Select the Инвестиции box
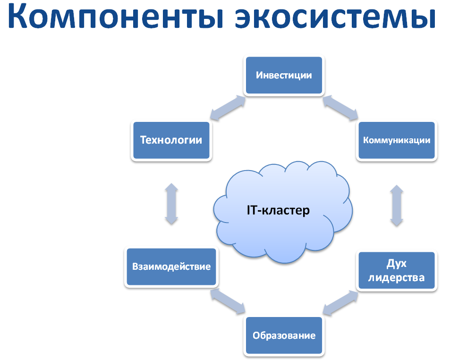[x=284, y=75]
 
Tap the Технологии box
[x=171, y=140]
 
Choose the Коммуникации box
[x=397, y=140]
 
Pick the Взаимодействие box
[x=171, y=266]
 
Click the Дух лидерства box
[x=397, y=270]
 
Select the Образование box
[x=284, y=335]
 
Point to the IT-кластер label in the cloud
[x=278, y=210]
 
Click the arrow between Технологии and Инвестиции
[x=228, y=108]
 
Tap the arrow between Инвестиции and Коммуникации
[x=340, y=108]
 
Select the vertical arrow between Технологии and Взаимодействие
[x=171, y=204]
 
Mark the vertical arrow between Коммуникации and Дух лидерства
[x=397, y=206]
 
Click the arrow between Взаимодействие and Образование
[x=228, y=301]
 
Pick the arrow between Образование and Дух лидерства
[x=340, y=303]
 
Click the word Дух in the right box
[x=397, y=264]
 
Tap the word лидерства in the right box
[x=397, y=278]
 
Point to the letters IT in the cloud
[x=252, y=210]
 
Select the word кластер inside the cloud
[x=286, y=211]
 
